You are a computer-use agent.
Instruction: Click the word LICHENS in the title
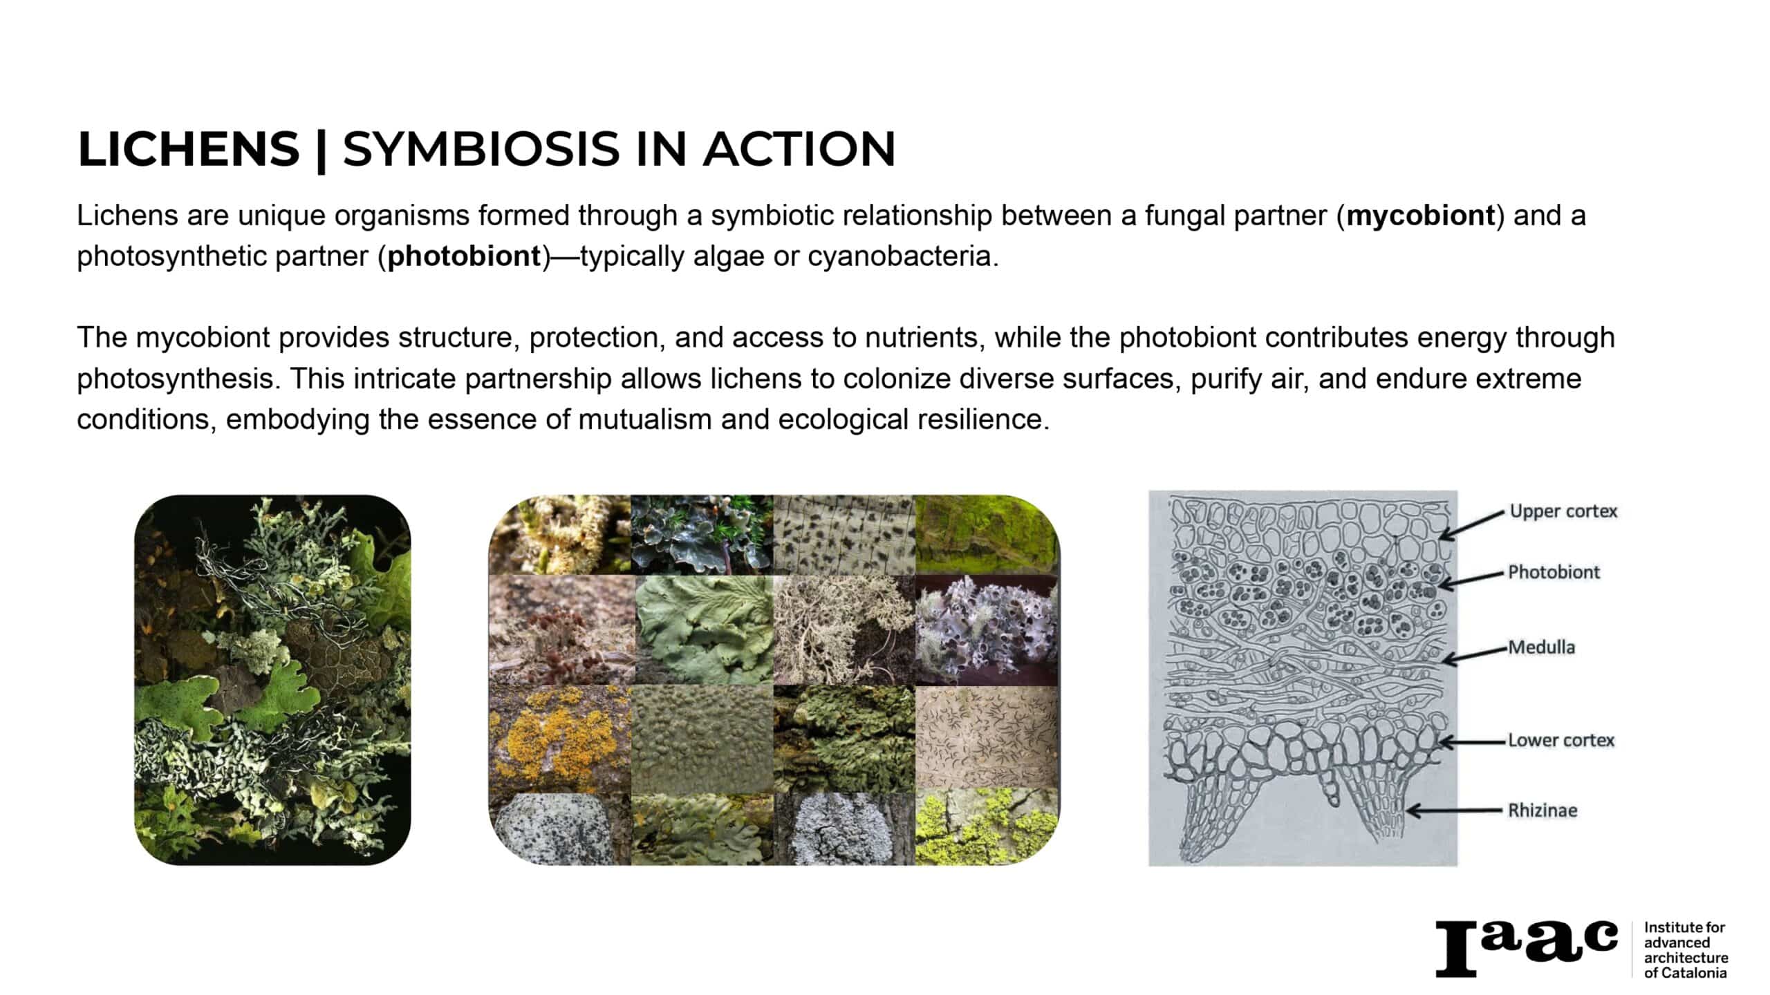[x=189, y=149]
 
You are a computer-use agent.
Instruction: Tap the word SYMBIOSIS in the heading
[x=481, y=149]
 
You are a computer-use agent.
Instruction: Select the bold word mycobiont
[x=1421, y=216]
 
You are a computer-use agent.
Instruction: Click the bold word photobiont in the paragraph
[x=464, y=256]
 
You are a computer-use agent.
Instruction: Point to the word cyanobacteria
[x=904, y=256]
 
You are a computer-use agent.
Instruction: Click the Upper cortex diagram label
[x=1563, y=511]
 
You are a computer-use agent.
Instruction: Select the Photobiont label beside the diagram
[x=1554, y=572]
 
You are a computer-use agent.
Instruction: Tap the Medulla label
[x=1541, y=647]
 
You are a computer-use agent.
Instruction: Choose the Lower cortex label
[x=1561, y=740]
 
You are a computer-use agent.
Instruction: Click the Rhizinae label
[x=1543, y=810]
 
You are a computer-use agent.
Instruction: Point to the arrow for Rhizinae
[x=1455, y=811]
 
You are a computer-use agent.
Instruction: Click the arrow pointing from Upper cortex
[x=1473, y=526]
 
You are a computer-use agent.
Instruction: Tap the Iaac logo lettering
[x=1527, y=947]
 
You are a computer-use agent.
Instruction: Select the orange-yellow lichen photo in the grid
[x=560, y=739]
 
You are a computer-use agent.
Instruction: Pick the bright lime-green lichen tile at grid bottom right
[x=987, y=828]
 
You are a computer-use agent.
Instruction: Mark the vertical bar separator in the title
[x=320, y=150]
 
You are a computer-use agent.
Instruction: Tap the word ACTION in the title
[x=799, y=149]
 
